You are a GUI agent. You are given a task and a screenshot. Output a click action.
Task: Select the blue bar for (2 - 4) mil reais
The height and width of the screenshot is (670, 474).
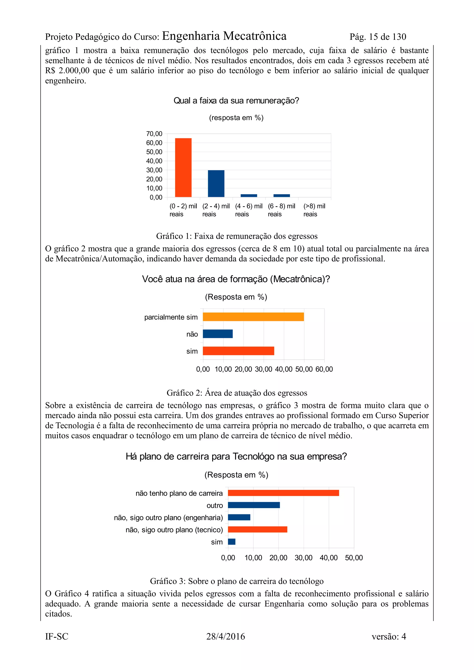click(216, 184)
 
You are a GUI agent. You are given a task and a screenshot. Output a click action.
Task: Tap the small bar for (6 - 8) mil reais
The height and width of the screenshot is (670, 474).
click(281, 195)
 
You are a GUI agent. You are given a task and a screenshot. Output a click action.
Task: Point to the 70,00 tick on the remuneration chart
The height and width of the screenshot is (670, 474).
click(154, 134)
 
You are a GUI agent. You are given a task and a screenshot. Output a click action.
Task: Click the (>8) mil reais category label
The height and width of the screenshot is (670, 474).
click(314, 210)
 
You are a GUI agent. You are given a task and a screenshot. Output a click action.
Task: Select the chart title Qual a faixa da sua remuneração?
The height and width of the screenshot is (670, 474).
click(236, 101)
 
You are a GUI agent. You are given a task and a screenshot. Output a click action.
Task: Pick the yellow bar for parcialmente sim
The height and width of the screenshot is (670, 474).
click(253, 317)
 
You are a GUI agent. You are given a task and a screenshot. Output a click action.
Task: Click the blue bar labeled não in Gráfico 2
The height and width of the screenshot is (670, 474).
click(218, 334)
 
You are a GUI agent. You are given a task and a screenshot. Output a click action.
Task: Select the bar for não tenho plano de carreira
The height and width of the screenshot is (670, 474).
click(283, 493)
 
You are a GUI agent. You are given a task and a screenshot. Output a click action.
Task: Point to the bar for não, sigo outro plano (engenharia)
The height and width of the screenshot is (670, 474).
click(239, 517)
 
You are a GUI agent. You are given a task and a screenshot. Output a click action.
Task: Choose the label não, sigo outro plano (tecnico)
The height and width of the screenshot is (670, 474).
click(174, 530)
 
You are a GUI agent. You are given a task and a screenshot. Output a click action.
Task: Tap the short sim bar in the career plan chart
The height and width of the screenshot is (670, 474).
click(232, 542)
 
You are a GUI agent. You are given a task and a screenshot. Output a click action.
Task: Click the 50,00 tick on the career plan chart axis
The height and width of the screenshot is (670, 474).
click(354, 558)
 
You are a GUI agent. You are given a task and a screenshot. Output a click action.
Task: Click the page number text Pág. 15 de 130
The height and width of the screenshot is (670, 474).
click(378, 37)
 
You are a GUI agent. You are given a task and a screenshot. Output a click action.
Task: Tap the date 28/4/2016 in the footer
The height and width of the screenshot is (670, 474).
click(225, 636)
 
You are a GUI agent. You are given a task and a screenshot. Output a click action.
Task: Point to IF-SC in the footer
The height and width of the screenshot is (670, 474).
click(57, 636)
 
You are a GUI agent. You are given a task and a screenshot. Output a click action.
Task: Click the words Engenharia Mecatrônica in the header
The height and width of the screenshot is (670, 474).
click(224, 36)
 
